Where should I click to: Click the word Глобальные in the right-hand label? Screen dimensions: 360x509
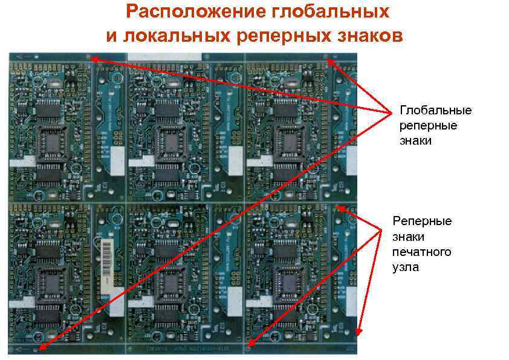(x=436, y=111)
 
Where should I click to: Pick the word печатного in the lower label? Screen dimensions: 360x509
(x=422, y=252)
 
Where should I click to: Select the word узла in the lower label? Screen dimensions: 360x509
(x=405, y=267)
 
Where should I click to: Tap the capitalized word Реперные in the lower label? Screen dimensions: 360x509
(x=422, y=221)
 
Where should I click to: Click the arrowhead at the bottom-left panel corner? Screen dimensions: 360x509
(x=38, y=349)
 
